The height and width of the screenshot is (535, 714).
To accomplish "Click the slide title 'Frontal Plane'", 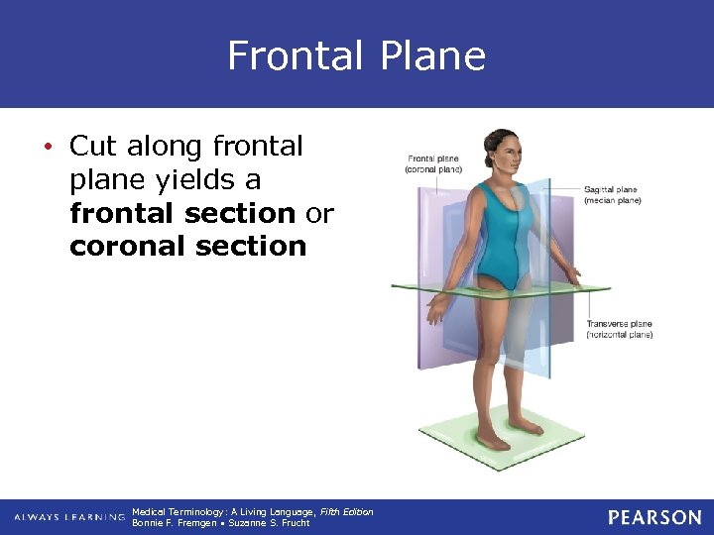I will pos(356,55).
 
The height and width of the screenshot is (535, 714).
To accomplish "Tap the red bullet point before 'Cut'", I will pos(49,148).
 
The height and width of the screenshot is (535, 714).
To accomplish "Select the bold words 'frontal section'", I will pos(182,213).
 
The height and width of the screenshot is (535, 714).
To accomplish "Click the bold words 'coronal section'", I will pos(188,246).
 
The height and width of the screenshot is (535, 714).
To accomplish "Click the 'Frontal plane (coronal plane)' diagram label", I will pos(433,163).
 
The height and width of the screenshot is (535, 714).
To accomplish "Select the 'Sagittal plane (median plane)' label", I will pos(612,194).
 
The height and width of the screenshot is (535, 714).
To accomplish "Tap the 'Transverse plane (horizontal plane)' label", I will pos(619,329).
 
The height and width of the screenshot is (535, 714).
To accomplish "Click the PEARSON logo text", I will pos(654,517).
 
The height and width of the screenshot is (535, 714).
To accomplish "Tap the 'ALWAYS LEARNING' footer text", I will pos(68,518).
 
